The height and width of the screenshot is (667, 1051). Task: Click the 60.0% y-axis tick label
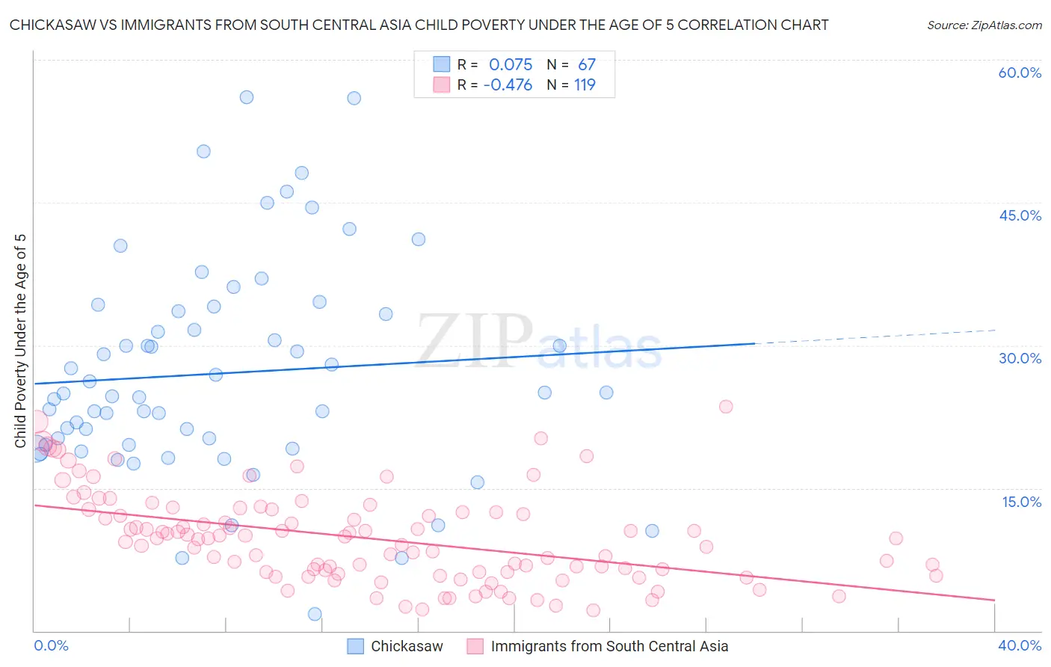[x=1020, y=73]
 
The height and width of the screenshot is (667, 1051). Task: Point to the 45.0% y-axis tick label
[x=1020, y=215]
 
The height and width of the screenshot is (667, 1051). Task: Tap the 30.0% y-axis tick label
[x=1020, y=358]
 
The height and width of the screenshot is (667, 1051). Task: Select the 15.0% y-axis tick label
[x=1021, y=502]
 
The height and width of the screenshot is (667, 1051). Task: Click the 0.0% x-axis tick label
[x=51, y=645]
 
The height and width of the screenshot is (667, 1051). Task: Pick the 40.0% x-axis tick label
[x=1020, y=645]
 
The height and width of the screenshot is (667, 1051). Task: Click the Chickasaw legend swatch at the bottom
[x=356, y=646]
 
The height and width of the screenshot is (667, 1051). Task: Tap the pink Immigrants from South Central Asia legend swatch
[x=475, y=646]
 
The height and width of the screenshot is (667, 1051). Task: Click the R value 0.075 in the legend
[x=511, y=64]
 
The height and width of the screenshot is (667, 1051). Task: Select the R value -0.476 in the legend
[x=508, y=85]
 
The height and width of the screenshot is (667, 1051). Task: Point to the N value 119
[x=585, y=85]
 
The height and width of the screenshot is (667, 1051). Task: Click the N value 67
[x=587, y=64]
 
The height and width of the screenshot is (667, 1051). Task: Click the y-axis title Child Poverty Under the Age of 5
[x=20, y=341]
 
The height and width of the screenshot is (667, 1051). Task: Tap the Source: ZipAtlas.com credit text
[x=984, y=25]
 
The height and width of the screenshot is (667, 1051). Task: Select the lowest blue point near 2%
[x=315, y=614]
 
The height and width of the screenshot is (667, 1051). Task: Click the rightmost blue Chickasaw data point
[x=652, y=531]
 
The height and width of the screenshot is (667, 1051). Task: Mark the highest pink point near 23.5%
[x=726, y=407]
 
